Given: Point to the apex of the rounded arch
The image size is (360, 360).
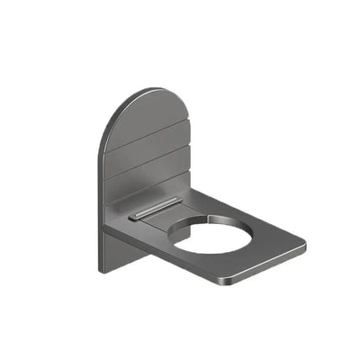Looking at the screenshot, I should coord(153,89).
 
